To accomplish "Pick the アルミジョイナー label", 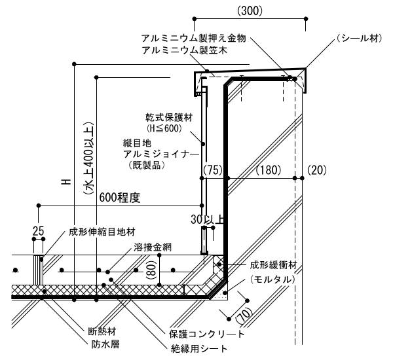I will [x=160, y=154].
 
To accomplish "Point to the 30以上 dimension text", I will [x=208, y=219].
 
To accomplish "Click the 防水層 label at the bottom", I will [x=105, y=342].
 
